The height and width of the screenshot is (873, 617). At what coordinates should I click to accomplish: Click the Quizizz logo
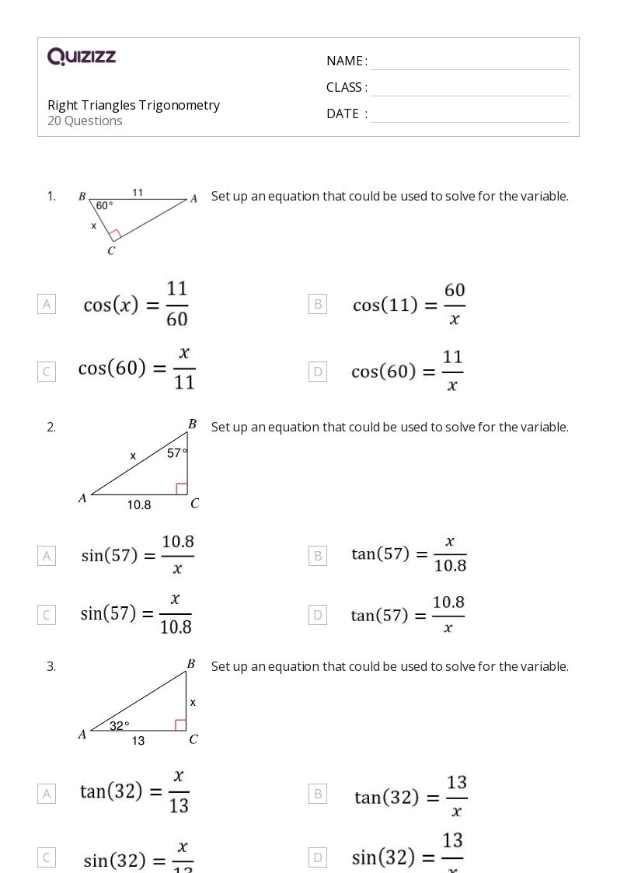(x=82, y=57)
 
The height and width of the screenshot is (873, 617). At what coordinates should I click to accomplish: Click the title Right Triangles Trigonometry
(x=134, y=105)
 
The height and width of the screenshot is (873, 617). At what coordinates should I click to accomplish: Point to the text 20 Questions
(x=85, y=121)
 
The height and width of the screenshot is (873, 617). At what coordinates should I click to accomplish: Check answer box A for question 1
(x=47, y=304)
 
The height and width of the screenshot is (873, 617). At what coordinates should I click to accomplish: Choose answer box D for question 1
(x=317, y=372)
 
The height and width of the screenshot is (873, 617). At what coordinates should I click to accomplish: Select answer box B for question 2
(x=317, y=555)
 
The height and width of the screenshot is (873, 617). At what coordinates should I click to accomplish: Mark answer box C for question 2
(x=47, y=615)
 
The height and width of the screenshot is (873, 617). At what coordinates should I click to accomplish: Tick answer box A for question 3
(x=47, y=794)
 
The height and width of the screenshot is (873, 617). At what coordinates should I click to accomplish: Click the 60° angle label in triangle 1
(x=104, y=206)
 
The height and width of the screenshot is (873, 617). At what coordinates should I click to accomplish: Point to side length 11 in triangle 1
(x=138, y=192)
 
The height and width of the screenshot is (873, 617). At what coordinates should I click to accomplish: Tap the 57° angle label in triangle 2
(x=177, y=453)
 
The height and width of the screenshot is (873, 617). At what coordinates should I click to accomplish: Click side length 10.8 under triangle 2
(x=139, y=505)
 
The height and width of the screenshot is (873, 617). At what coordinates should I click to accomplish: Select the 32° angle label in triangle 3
(x=119, y=725)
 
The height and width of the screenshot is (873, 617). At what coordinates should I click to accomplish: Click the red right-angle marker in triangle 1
(x=115, y=234)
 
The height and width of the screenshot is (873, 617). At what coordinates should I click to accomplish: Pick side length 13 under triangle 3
(x=138, y=741)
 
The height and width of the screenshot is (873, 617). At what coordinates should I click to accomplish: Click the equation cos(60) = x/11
(x=136, y=369)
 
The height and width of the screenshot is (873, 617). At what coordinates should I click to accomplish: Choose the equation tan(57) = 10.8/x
(x=408, y=615)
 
